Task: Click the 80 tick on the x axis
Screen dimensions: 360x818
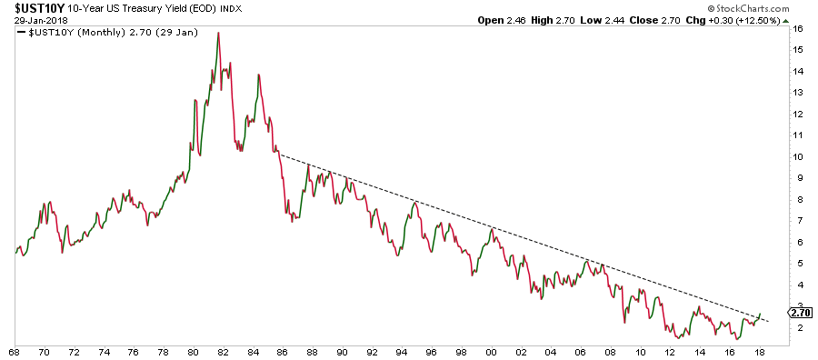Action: (193, 351)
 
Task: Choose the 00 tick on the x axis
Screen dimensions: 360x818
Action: (491, 351)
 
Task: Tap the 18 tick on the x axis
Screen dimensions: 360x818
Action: (758, 351)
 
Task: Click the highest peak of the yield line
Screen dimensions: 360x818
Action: (218, 33)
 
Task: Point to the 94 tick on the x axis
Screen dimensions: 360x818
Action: (401, 351)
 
